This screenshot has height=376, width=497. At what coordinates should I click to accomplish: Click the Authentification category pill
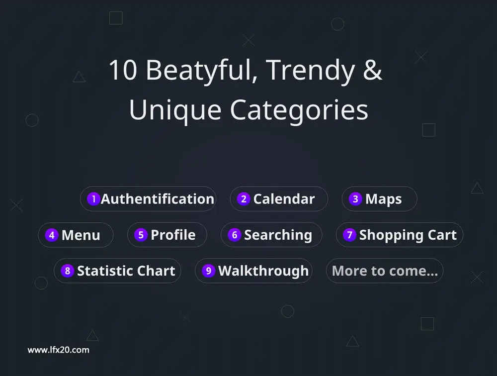[148, 199]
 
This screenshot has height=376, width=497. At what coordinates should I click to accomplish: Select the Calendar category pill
[279, 199]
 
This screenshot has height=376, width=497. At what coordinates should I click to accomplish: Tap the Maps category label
[383, 199]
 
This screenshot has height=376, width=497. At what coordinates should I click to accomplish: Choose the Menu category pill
[76, 235]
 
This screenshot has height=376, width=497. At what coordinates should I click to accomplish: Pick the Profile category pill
[167, 235]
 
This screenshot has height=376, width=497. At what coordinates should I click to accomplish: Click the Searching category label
[278, 235]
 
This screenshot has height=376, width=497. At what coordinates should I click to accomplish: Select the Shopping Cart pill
[400, 235]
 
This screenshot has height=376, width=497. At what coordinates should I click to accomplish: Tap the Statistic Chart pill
[117, 271]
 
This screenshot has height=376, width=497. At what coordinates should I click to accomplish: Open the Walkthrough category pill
[253, 271]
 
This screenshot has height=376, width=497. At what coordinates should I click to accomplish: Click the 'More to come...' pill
[385, 271]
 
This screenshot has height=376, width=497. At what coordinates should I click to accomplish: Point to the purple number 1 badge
[93, 199]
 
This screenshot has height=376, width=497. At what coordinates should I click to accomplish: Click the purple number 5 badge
[141, 235]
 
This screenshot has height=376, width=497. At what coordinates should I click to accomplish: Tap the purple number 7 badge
[349, 235]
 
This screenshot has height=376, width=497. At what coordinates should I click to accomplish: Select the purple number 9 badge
[208, 271]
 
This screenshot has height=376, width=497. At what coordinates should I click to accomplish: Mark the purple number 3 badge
[355, 199]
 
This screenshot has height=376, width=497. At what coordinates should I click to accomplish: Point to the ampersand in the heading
[372, 69]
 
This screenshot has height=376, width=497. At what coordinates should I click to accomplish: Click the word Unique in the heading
[175, 111]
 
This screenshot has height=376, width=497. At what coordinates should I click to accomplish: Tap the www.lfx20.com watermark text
[58, 350]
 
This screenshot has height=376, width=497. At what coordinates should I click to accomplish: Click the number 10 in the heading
[123, 70]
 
